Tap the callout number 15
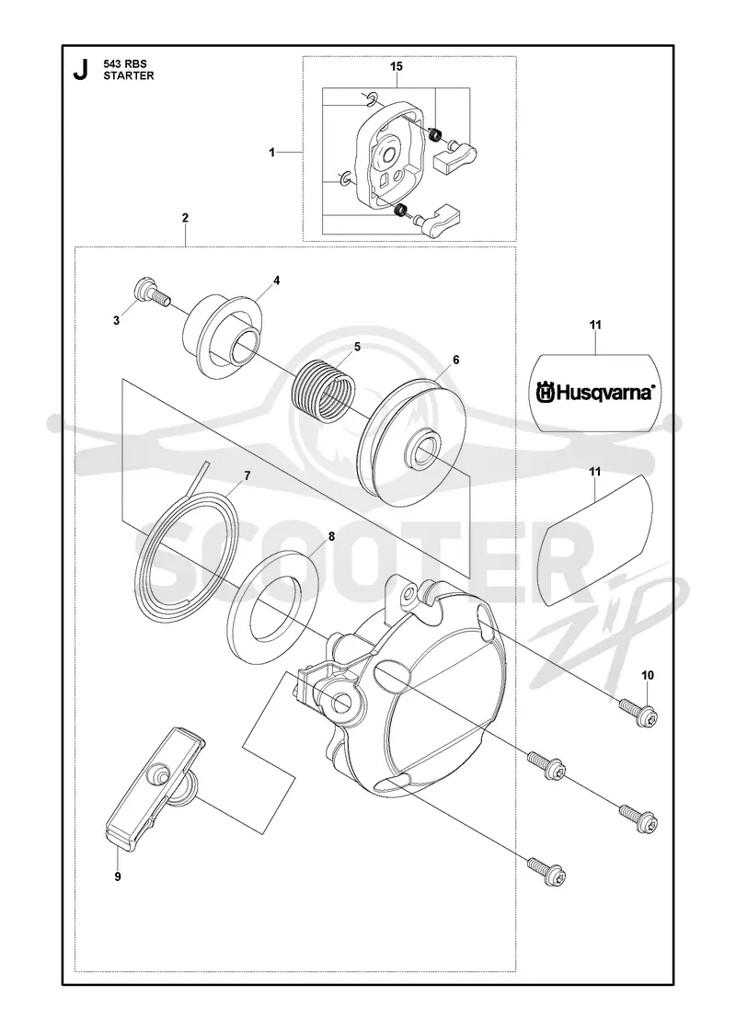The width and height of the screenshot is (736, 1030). [x=397, y=66]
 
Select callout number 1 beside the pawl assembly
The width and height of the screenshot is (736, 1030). [x=271, y=153]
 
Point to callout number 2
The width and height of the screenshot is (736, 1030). [x=185, y=217]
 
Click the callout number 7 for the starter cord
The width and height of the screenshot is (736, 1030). [x=247, y=475]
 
